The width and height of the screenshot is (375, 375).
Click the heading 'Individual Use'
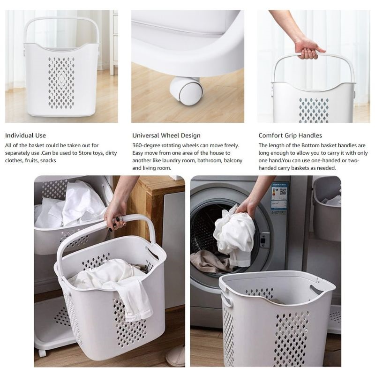click(x=25, y=135)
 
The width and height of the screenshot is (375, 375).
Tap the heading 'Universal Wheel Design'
click(x=166, y=135)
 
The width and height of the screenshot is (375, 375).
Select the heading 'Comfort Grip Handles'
click(x=290, y=135)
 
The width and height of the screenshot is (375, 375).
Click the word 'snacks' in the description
click(x=48, y=160)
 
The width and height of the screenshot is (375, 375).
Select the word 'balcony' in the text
click(x=233, y=160)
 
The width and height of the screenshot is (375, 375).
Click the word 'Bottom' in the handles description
click(x=310, y=145)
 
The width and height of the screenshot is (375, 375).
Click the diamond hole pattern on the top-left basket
click(x=61, y=82)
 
